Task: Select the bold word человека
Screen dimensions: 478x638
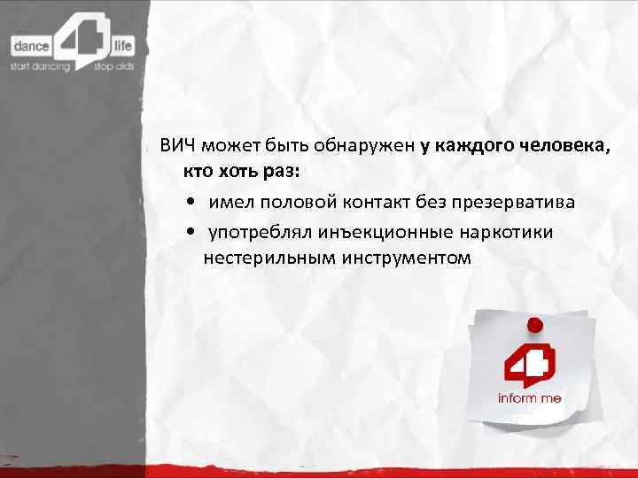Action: point(565,147)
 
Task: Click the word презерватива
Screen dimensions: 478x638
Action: point(513,202)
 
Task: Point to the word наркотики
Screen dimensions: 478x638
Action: point(509,232)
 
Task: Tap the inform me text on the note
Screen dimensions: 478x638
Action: point(529,398)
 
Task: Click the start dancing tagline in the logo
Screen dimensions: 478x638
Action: point(39,66)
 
